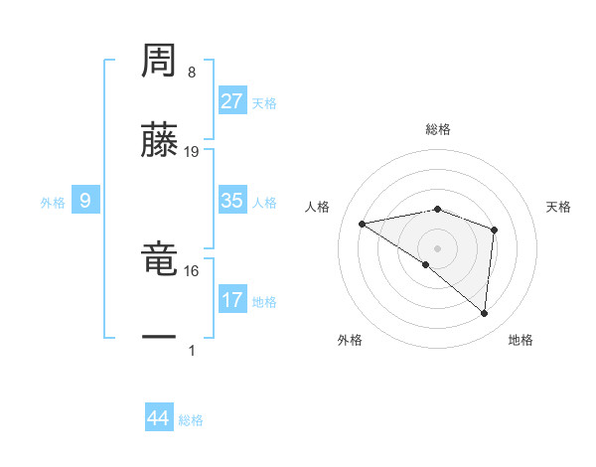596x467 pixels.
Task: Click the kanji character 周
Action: click(x=159, y=61)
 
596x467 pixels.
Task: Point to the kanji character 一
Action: click(x=159, y=338)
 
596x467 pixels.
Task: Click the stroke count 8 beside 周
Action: click(x=192, y=73)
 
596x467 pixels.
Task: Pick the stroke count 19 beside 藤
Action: click(x=192, y=152)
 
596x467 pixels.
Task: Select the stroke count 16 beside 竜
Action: click(x=192, y=270)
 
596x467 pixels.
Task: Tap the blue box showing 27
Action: click(x=231, y=101)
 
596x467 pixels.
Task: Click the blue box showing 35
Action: click(x=231, y=201)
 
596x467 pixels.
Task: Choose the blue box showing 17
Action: click(x=231, y=300)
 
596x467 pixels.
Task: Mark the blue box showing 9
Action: click(x=85, y=201)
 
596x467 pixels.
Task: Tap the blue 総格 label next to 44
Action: click(x=191, y=420)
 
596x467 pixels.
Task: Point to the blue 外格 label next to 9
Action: click(x=53, y=203)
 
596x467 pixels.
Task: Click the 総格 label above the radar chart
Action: click(x=438, y=129)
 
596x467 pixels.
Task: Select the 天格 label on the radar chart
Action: click(x=559, y=207)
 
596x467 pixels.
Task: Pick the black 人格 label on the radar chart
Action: click(x=318, y=207)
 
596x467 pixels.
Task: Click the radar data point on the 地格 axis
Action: click(x=485, y=314)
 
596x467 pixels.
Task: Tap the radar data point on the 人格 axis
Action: click(x=363, y=224)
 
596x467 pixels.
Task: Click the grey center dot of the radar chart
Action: click(x=438, y=247)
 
